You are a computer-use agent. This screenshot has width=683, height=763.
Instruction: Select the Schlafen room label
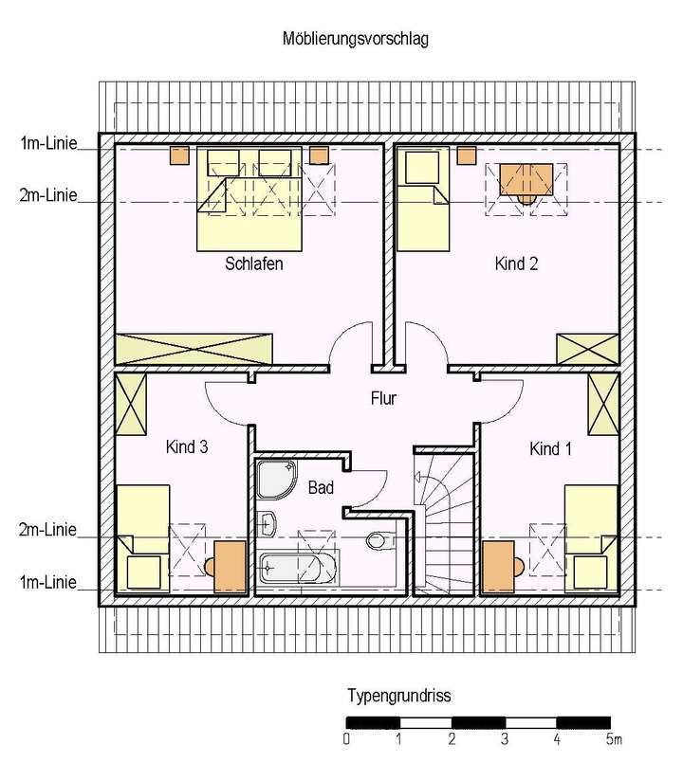(254, 263)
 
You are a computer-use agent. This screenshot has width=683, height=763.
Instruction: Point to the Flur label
(383, 399)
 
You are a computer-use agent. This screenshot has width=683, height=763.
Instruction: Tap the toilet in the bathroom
(377, 541)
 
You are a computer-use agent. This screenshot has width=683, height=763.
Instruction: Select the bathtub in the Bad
(297, 570)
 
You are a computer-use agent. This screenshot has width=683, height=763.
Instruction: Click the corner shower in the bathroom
(276, 476)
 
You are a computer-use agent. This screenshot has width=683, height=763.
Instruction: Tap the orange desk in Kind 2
(526, 178)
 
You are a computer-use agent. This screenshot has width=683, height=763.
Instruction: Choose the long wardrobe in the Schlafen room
(194, 349)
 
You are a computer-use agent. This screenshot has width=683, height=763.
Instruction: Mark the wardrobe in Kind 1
(603, 402)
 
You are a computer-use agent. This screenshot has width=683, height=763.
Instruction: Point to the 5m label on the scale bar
(613, 737)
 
